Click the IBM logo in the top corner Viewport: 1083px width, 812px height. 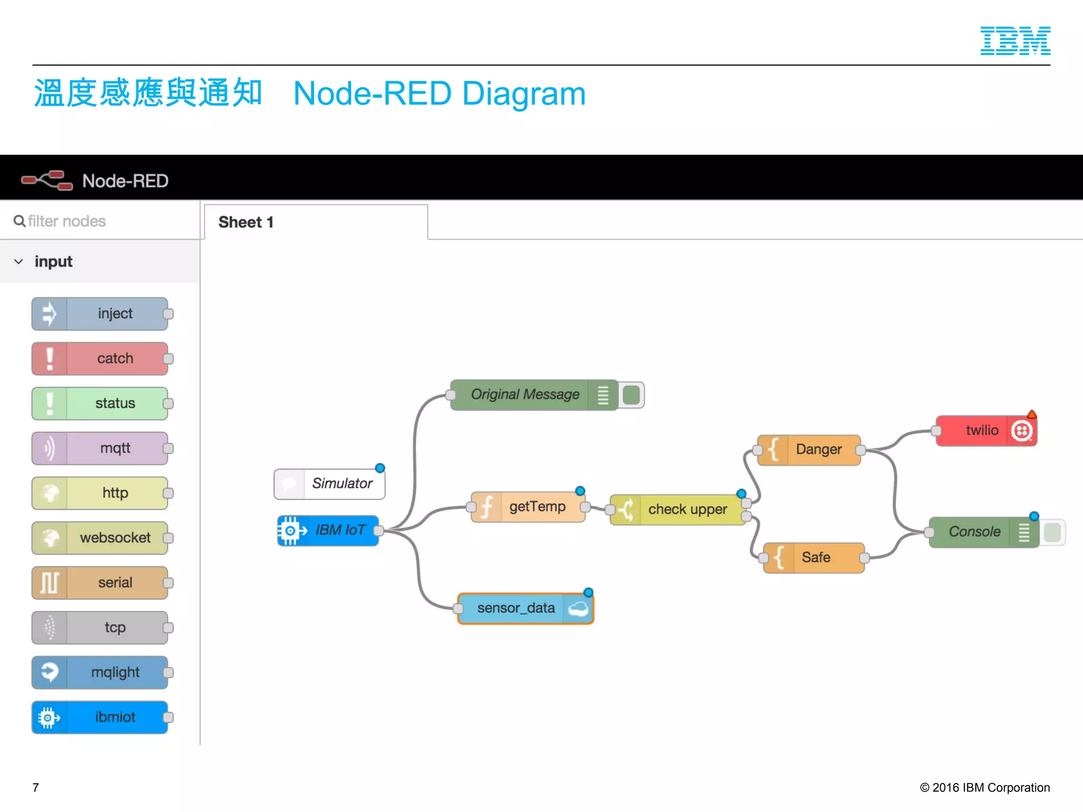coord(1015,41)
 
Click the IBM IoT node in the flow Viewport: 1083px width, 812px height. coord(328,530)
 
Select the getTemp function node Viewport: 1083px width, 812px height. coord(528,507)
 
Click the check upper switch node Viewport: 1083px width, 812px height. coord(678,510)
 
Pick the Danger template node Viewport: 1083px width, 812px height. coord(809,450)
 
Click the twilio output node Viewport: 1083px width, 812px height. coord(986,430)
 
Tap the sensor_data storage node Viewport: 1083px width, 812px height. coord(525,608)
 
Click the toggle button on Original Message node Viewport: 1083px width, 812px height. coord(631,395)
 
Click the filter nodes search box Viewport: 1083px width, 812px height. coord(100,221)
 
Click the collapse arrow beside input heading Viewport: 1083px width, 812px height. coord(19,262)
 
